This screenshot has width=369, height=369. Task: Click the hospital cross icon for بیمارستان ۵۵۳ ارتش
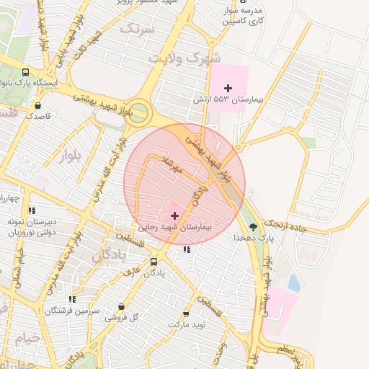click(x=228, y=88)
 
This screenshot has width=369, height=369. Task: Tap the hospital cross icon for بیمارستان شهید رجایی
click(x=174, y=215)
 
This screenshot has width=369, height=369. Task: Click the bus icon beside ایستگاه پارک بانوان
click(x=26, y=72)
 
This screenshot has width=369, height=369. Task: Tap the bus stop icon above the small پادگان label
click(x=154, y=262)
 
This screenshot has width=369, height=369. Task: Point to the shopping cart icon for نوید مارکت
click(x=187, y=314)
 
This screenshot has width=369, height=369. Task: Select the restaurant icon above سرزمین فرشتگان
click(x=72, y=299)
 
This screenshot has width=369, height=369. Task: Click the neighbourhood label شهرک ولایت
click(x=183, y=55)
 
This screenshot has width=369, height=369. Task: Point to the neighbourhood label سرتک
click(x=138, y=29)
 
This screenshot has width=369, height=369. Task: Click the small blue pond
click(x=293, y=282)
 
